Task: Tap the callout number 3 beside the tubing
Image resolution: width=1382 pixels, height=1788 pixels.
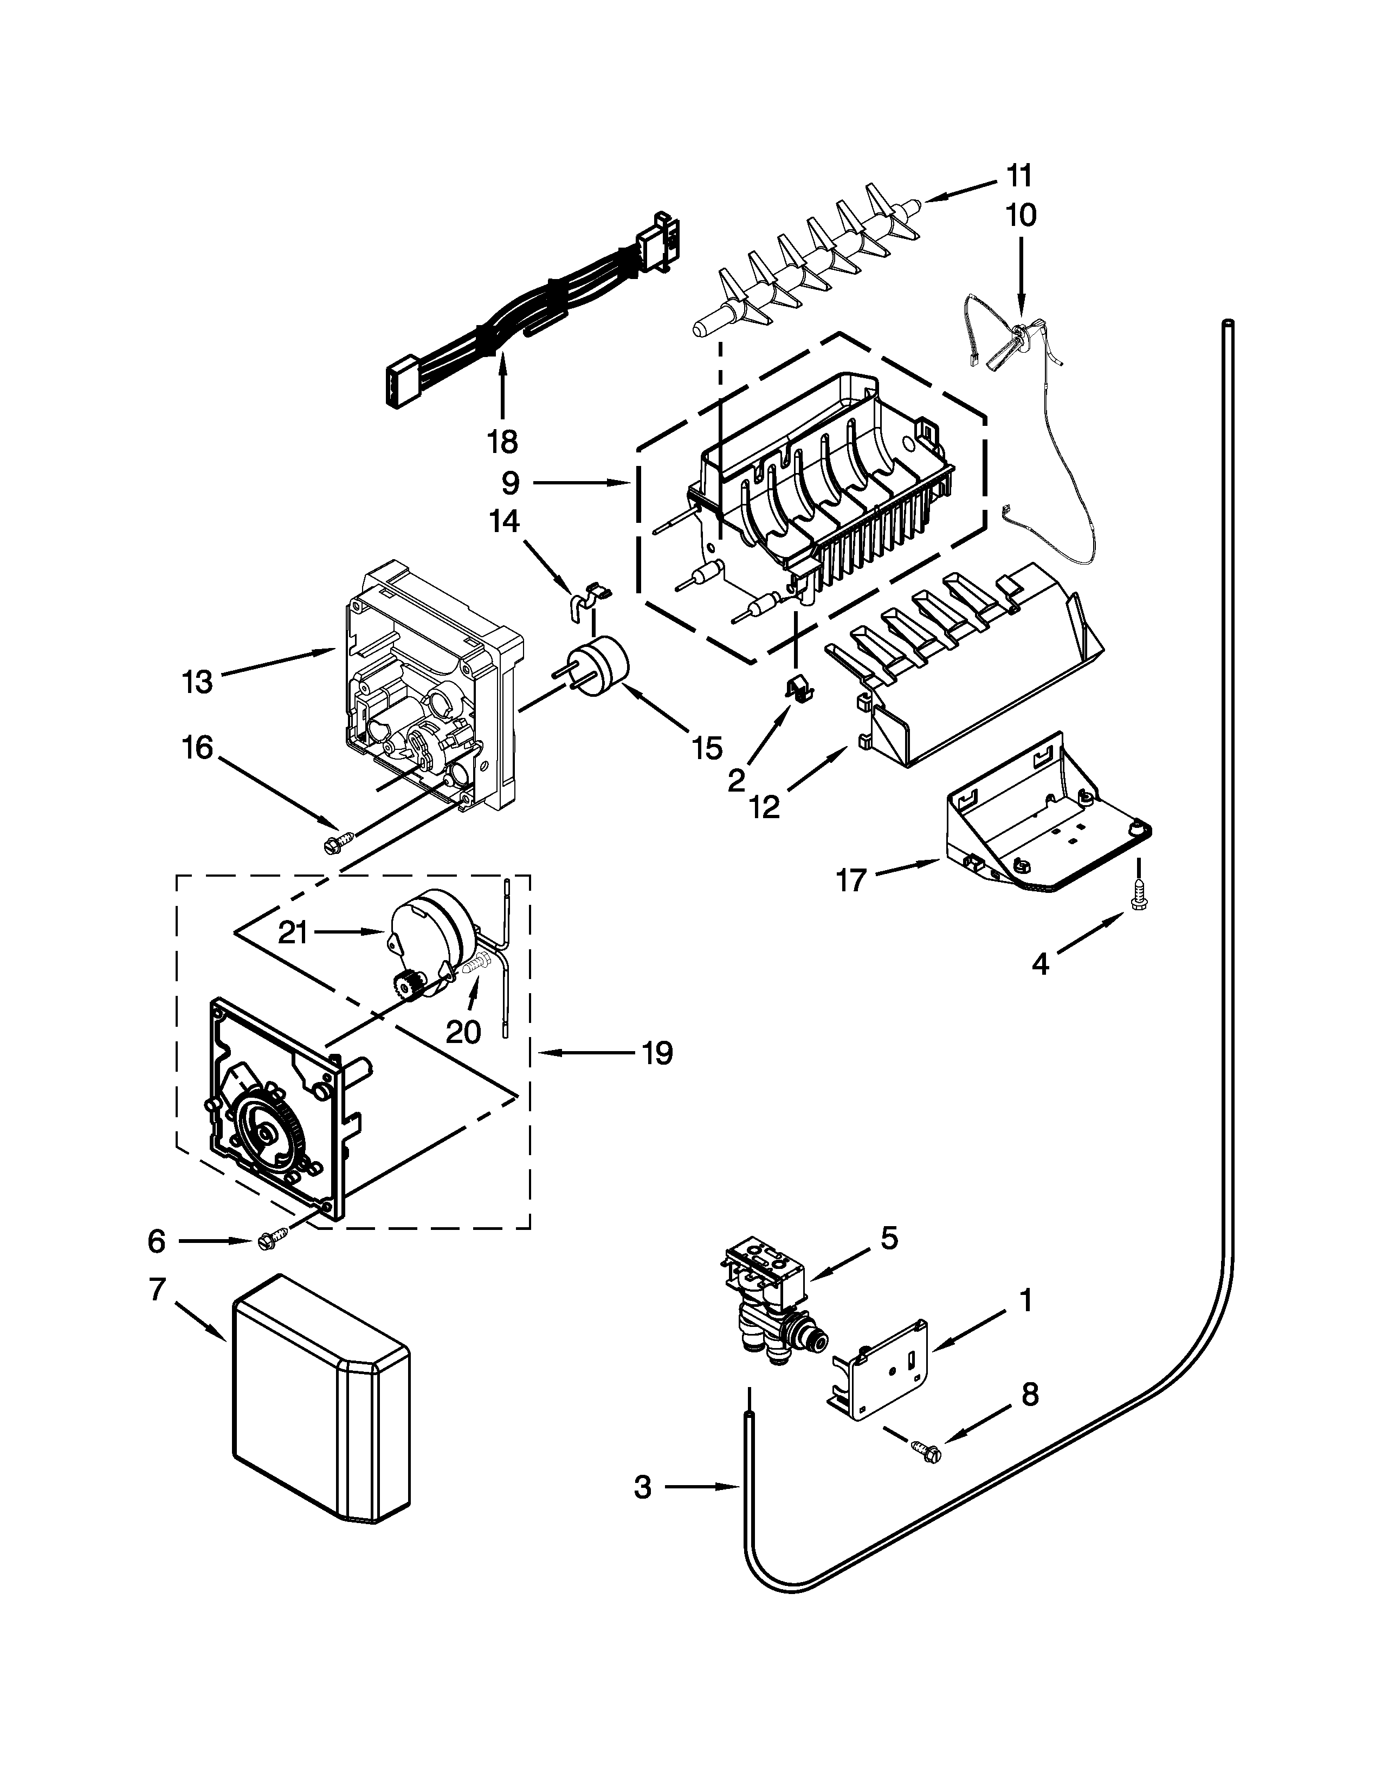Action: pos(643,1487)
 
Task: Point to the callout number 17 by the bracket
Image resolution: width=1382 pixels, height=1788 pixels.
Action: pos(851,881)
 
